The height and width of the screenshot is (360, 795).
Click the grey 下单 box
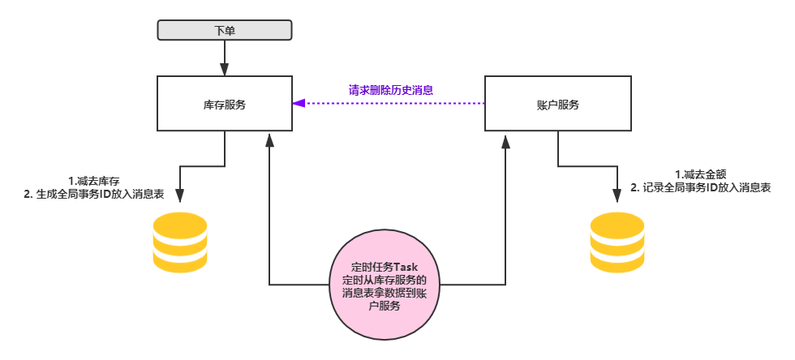(x=224, y=31)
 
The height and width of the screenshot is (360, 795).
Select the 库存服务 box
(x=225, y=104)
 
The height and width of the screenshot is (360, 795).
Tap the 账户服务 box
(x=557, y=104)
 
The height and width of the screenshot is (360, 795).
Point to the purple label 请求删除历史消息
(x=390, y=90)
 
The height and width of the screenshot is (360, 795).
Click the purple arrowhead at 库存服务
(x=299, y=104)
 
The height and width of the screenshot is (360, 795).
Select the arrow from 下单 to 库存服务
(x=224, y=58)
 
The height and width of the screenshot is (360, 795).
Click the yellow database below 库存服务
(x=180, y=242)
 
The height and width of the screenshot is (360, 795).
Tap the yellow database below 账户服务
(x=617, y=242)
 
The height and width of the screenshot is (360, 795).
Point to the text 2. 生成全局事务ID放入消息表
(x=94, y=195)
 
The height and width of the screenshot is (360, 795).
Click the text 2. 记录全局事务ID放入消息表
(x=700, y=187)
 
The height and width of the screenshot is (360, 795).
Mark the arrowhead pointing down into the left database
(x=180, y=197)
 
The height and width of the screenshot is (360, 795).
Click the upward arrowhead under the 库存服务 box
(x=270, y=141)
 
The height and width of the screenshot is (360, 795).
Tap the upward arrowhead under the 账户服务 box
(x=505, y=141)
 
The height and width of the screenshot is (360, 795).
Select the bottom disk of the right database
(x=617, y=264)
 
